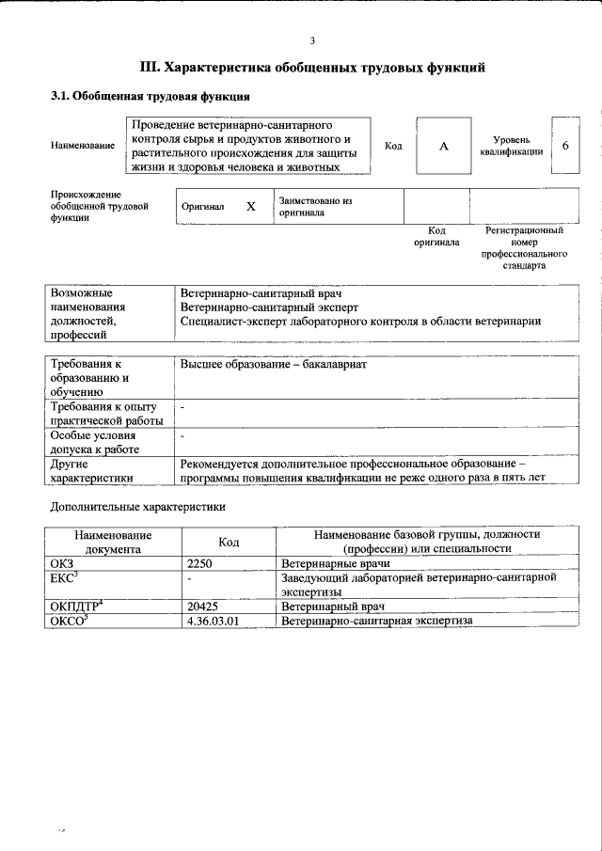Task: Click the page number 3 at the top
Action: [x=311, y=39]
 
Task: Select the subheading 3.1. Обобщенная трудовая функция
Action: [x=150, y=96]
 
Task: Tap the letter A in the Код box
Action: [x=442, y=147]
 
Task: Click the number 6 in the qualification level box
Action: [x=564, y=146]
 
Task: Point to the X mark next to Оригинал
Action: [x=250, y=206]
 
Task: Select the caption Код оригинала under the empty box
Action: [x=436, y=236]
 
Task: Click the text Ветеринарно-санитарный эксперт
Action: [x=269, y=307]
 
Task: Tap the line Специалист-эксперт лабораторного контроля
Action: [x=360, y=321]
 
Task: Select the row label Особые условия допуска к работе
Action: [x=94, y=442]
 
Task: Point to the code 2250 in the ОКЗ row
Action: [x=202, y=563]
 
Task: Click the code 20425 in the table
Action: [x=204, y=607]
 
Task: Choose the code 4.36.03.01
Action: [x=214, y=621]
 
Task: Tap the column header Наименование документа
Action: [x=113, y=541]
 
